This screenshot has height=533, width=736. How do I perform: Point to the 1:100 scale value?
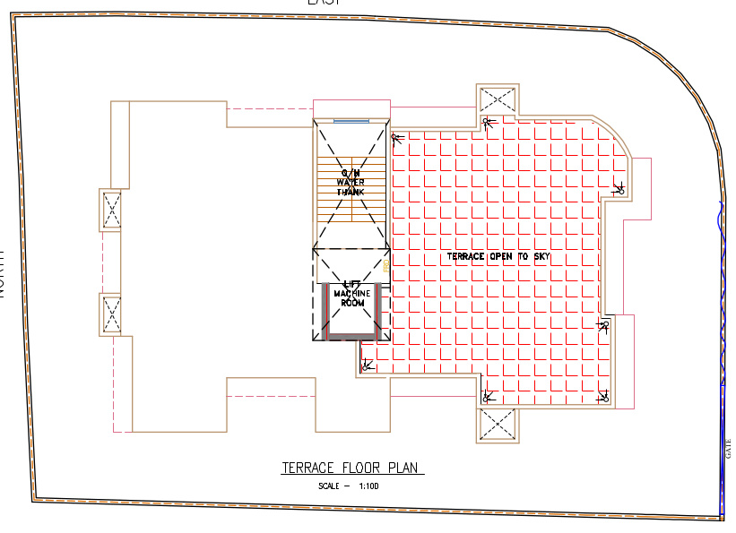[370, 486]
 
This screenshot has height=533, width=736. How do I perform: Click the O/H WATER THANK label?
[351, 182]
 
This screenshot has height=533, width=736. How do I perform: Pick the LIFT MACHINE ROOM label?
[351, 294]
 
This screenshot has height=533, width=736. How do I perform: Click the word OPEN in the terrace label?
[505, 257]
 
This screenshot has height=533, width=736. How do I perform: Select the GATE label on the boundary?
[727, 449]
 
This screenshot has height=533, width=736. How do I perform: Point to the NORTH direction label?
[4, 273]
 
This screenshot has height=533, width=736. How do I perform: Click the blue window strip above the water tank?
[351, 120]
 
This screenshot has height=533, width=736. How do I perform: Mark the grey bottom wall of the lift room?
[351, 337]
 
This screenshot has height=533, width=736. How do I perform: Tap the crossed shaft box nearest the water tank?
[497, 100]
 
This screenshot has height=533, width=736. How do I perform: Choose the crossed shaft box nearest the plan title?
[497, 426]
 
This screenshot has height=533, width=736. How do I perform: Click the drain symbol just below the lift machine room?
[365, 365]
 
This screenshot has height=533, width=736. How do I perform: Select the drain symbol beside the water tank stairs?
[395, 136]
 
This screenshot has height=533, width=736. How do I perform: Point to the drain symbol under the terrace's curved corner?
[619, 189]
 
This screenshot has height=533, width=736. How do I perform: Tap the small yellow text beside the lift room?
[386, 265]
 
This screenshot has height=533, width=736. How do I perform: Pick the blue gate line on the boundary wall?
[722, 358]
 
